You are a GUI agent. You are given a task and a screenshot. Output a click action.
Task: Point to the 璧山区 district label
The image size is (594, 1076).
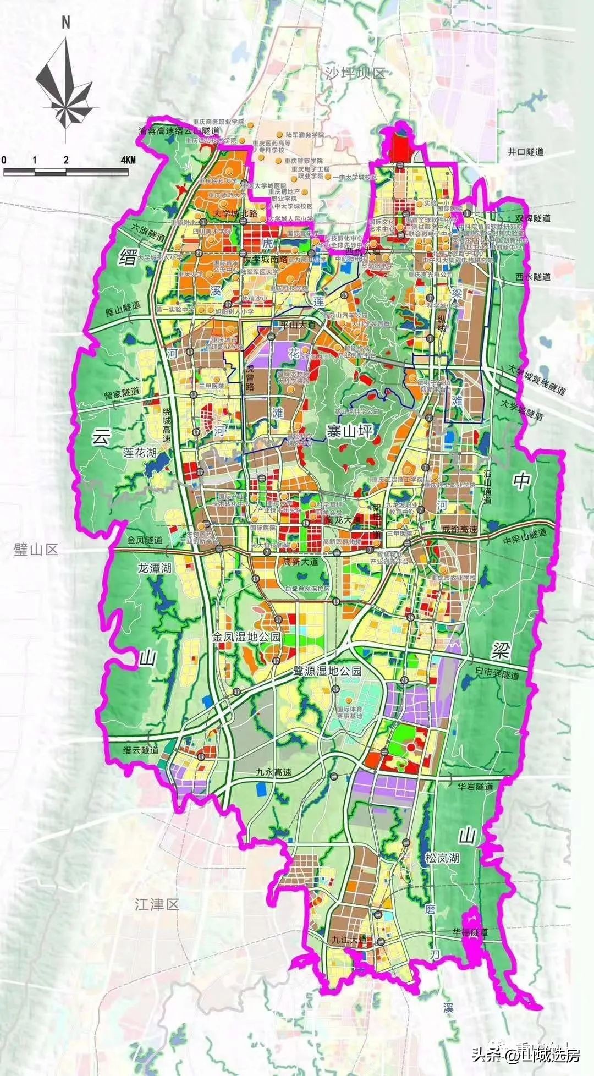coord(36,550)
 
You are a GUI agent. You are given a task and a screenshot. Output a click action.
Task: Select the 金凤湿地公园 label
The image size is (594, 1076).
coord(247,637)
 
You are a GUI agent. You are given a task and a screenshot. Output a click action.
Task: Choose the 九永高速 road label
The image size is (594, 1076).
coord(273,772)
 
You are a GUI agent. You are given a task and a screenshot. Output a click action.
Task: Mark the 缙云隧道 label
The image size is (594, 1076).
coord(141,750)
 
